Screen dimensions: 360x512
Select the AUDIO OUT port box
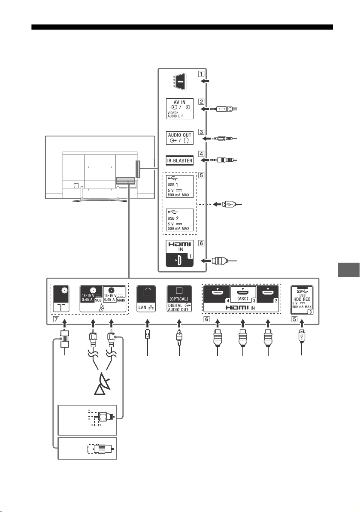pos(179,137)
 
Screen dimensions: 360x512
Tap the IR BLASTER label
pos(179,161)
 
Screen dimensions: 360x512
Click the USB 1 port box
pos(179,186)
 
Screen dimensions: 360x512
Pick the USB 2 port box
pos(179,220)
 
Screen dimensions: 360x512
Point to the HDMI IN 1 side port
pos(179,253)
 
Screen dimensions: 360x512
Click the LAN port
pos(146,299)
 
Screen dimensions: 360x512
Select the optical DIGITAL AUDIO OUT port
pos(179,299)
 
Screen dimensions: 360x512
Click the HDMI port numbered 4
pos(218,294)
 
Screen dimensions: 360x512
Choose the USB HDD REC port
pos(302,300)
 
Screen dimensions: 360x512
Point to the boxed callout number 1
pos(201,73)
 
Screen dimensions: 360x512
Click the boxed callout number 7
pos(57,319)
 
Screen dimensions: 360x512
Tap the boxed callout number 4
pos(201,154)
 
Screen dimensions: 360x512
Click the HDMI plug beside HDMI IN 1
pos(219,261)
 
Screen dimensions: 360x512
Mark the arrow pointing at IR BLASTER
pos(205,161)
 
